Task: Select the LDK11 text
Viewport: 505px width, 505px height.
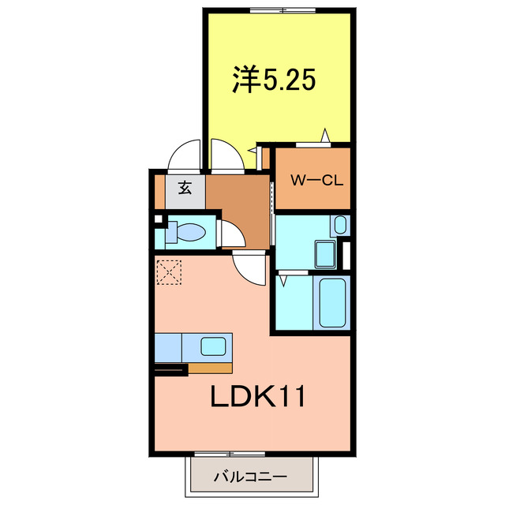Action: click(257, 397)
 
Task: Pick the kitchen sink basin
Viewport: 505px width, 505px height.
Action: click(213, 346)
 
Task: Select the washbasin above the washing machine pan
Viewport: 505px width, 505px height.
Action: click(340, 224)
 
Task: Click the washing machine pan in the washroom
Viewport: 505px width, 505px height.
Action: click(324, 254)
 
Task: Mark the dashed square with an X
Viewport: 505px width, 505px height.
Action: click(168, 273)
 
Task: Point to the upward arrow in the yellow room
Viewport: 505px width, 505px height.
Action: click(324, 135)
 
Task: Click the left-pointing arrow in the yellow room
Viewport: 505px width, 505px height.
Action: click(252, 148)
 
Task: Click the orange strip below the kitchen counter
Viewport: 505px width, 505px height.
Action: click(211, 367)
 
